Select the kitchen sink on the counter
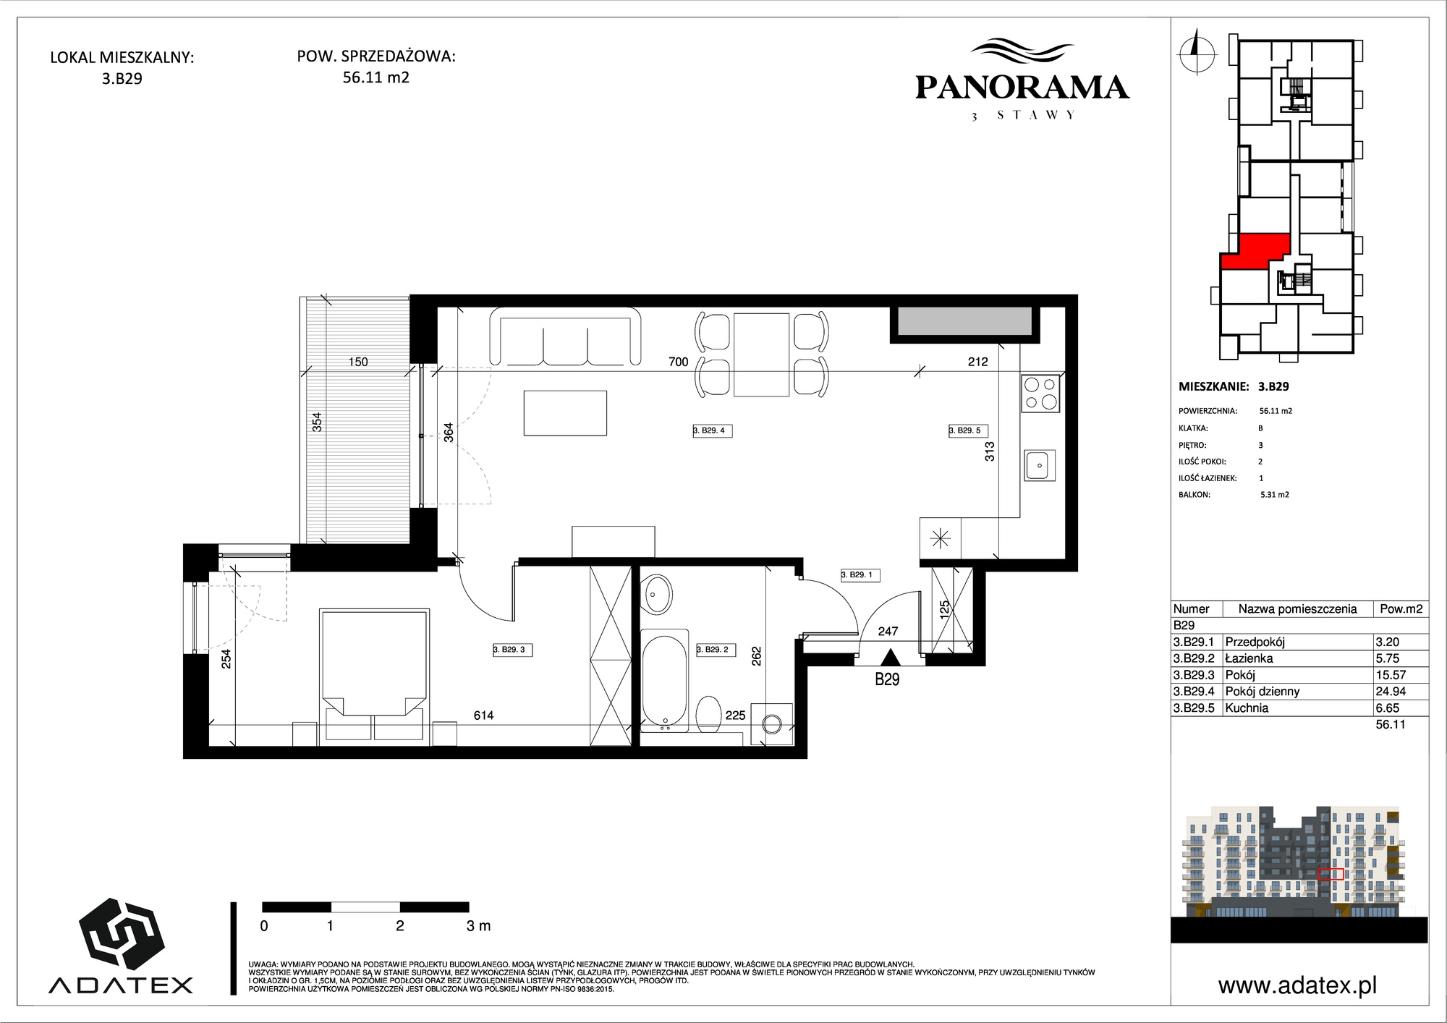(1040, 464)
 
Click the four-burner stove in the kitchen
(1041, 394)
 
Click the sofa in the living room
(566, 336)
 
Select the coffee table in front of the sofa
(565, 412)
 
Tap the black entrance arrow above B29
(889, 658)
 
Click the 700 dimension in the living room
(679, 362)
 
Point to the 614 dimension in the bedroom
(483, 716)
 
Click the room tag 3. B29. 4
(713, 430)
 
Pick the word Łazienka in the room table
(1249, 658)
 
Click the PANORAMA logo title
(1022, 88)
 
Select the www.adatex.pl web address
(1297, 985)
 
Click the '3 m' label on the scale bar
(479, 925)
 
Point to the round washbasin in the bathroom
(658, 595)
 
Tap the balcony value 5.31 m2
(1275, 495)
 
